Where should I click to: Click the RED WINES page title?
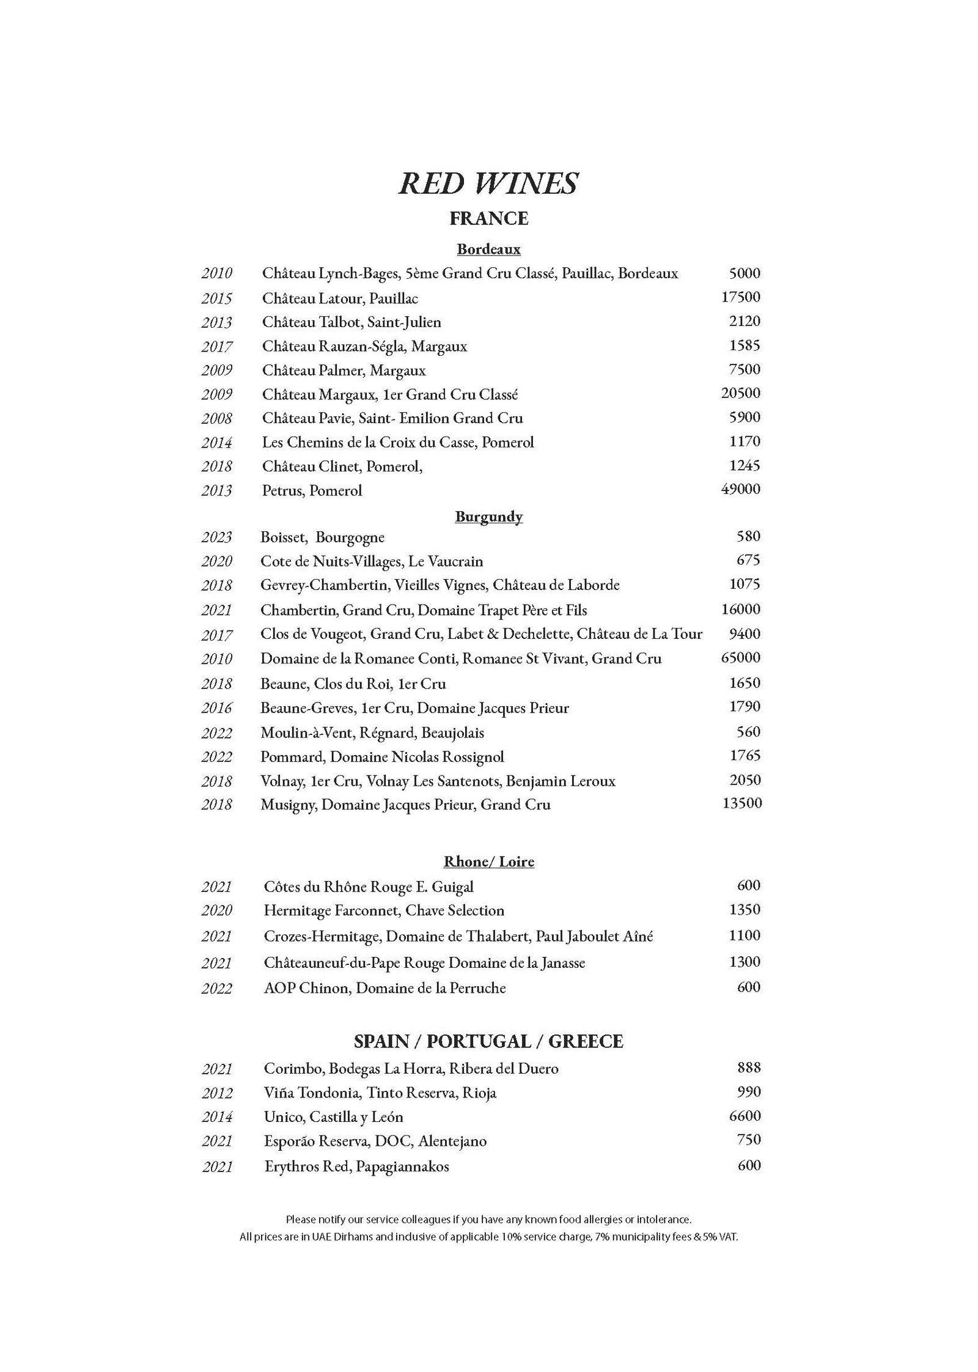[488, 183]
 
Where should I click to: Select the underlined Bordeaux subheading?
[488, 249]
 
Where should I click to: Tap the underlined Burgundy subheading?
[488, 517]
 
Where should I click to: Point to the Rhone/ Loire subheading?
[488, 862]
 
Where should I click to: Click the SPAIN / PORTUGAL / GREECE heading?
[488, 1041]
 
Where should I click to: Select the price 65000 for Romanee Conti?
[741, 658]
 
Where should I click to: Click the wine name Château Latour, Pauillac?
[340, 298]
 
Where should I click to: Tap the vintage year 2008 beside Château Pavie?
[216, 419]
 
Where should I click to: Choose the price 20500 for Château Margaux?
[741, 393]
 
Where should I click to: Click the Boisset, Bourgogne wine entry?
[322, 537]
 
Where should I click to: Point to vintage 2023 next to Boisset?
[216, 537]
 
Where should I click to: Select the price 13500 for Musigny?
[742, 803]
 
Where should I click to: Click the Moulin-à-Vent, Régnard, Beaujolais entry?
[372, 732]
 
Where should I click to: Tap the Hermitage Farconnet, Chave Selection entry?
[384, 910]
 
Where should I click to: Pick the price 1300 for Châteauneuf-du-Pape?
[745, 962]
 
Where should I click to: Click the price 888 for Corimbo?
[749, 1068]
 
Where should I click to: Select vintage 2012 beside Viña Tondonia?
[216, 1093]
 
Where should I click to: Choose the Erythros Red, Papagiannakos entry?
[356, 1166]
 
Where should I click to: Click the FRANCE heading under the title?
[488, 218]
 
